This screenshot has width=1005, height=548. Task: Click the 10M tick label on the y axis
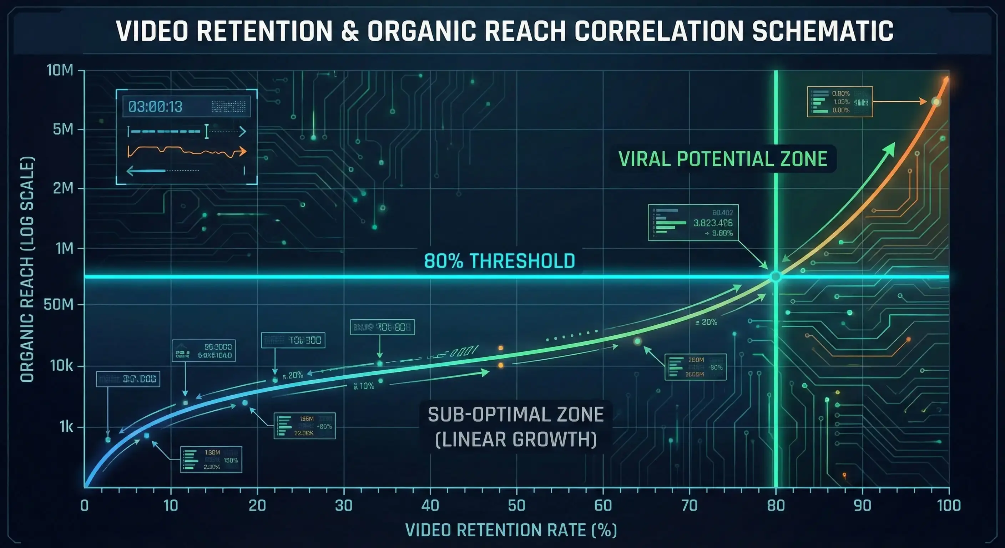coord(60,71)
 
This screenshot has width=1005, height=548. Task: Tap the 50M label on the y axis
coord(59,304)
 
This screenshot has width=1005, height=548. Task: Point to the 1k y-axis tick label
coord(66,427)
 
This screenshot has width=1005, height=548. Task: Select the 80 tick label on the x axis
coord(776,506)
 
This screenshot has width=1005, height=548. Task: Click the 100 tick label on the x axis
coord(948,506)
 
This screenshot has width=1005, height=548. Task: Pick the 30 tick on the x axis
coord(344,506)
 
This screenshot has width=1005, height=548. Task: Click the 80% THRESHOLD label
coord(499,261)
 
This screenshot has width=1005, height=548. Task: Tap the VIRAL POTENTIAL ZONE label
coord(723,159)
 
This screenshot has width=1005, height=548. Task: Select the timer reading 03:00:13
coord(155,106)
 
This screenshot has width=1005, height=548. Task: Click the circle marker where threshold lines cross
coord(776,276)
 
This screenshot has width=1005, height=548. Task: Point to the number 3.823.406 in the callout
coord(713,223)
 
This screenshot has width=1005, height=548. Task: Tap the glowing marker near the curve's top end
coord(936,102)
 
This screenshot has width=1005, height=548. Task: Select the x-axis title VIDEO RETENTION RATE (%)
coord(511,531)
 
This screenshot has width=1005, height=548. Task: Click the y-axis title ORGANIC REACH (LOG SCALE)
coord(27,269)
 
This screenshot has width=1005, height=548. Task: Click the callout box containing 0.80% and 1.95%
coord(839,102)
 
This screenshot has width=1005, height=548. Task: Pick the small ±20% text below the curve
coord(706,322)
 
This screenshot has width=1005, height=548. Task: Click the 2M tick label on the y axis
coord(63,188)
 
